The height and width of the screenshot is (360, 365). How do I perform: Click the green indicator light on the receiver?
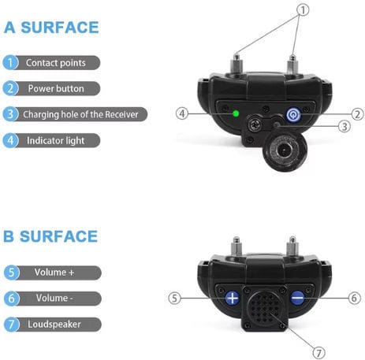(236, 113)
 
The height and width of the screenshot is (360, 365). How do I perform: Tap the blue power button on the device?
(293, 115)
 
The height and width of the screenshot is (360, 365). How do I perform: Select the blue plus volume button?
(233, 298)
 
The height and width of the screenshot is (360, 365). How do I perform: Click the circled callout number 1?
(303, 10)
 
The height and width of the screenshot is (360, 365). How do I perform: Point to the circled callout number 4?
(182, 113)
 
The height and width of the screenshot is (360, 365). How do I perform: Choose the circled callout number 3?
(345, 127)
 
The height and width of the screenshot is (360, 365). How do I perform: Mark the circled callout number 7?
(318, 353)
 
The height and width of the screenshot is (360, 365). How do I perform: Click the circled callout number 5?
(175, 299)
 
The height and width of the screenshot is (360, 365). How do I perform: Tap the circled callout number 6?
(354, 298)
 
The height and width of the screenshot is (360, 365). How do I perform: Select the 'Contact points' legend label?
(56, 63)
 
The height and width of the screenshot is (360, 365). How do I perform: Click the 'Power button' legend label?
(56, 89)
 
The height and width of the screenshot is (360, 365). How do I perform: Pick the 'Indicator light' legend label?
(56, 141)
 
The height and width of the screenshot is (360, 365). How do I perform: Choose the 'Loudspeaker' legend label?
(54, 325)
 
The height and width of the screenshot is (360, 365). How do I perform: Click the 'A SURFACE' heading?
(51, 28)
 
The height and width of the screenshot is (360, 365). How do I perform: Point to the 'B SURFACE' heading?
(50, 236)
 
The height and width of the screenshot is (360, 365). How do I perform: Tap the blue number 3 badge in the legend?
(10, 114)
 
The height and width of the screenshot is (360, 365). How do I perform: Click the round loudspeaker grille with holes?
(265, 307)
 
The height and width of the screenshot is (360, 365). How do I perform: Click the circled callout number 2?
(357, 114)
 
